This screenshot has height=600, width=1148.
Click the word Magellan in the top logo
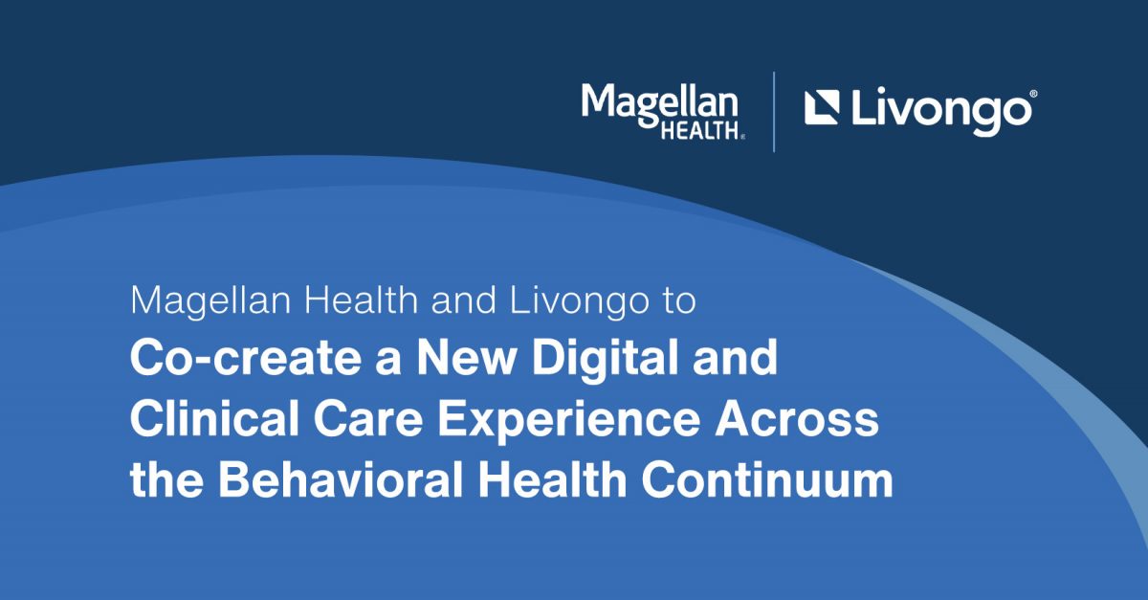pyautogui.click(x=659, y=105)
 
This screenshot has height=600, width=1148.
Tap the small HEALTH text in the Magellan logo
pyautogui.click(x=700, y=131)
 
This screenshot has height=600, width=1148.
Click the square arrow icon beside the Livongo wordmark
pyautogui.click(x=822, y=107)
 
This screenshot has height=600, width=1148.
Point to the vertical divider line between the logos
pyautogui.click(x=774, y=112)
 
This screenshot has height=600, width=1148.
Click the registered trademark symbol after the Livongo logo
pyautogui.click(x=1034, y=94)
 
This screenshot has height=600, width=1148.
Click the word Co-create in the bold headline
pyautogui.click(x=246, y=358)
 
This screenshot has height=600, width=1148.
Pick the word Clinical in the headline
pyautogui.click(x=214, y=418)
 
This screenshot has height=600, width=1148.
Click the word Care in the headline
pyautogui.click(x=368, y=418)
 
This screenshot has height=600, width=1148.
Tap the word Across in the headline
pyautogui.click(x=797, y=419)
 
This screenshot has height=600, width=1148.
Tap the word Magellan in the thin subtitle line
pyautogui.click(x=211, y=302)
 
